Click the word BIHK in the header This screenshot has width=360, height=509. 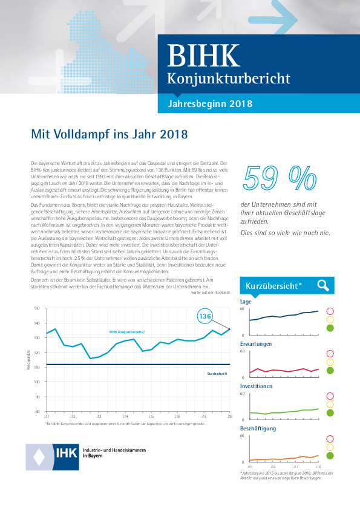coord(203,56)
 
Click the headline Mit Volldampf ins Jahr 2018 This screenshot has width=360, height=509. coord(109,134)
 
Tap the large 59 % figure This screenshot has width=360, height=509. coord(279,177)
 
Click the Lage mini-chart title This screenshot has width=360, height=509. coord(246,301)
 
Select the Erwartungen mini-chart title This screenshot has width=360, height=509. coord(255,343)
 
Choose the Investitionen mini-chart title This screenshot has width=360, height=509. coord(256,386)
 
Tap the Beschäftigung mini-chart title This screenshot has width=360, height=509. coord(258,428)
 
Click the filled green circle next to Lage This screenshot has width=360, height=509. coord(330,328)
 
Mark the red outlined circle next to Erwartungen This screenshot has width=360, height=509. coord(330,354)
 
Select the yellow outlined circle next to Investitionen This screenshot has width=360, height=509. coord(330,404)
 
